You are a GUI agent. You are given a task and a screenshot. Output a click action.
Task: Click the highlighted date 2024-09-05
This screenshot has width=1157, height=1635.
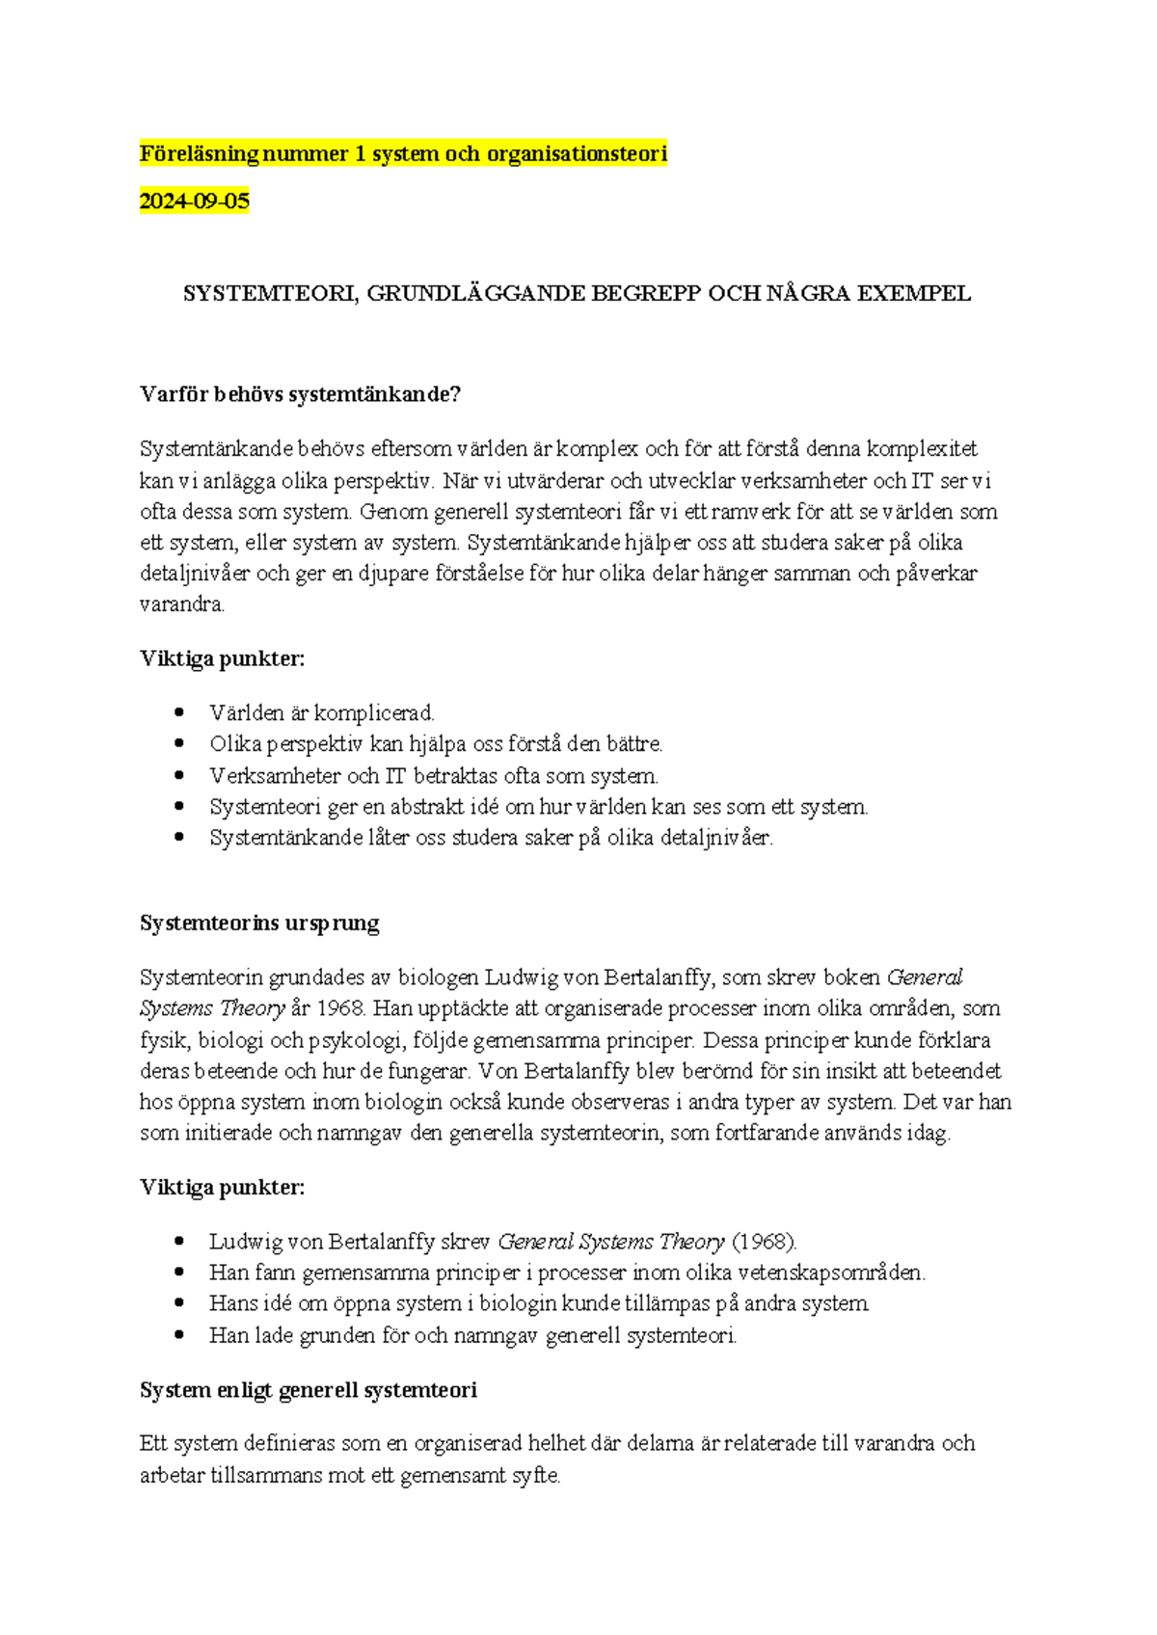tap(194, 201)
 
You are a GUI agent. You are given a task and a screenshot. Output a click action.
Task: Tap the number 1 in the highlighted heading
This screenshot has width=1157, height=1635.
tap(360, 153)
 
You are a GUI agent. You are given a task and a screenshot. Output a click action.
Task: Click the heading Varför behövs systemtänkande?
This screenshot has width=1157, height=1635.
tap(300, 394)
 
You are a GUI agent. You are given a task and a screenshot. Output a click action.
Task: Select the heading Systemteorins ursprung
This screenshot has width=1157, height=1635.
tap(259, 924)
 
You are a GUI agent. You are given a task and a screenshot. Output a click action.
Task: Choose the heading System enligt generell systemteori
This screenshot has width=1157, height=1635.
tap(309, 1390)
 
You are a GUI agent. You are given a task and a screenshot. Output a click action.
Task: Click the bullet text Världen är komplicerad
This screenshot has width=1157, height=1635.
tap(322, 713)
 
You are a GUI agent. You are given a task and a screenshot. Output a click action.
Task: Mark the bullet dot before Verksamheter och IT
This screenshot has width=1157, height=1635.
tap(178, 775)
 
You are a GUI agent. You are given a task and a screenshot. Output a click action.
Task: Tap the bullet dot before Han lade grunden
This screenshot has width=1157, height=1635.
tap(178, 1335)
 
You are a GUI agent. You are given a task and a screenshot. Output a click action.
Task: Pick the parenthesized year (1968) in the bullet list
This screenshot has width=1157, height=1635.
tap(764, 1242)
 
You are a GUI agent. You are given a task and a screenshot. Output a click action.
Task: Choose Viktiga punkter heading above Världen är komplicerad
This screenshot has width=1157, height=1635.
tap(222, 659)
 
